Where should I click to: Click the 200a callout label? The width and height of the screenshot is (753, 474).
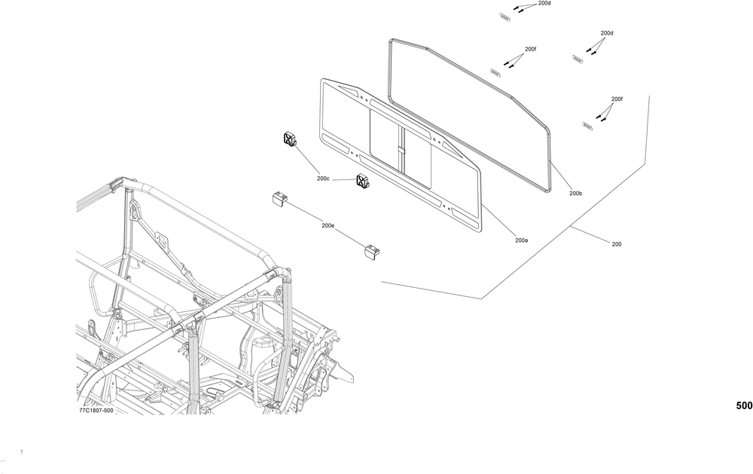pos(521,240)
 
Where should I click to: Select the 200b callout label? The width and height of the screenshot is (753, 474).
pos(575,194)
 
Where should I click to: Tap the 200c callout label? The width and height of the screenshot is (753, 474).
pos(323,179)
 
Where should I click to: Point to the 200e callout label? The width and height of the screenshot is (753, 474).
pos(328,225)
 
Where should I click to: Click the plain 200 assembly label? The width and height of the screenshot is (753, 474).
pos(617,244)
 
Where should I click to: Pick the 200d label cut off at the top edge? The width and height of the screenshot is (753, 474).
pos(544,3)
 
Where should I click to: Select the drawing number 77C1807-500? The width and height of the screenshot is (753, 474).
pos(96,411)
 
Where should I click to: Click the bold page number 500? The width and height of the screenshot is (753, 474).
pos(743,405)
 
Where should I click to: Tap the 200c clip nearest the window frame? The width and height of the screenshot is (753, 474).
pos(362,181)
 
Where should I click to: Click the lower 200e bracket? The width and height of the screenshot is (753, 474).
pos(372,252)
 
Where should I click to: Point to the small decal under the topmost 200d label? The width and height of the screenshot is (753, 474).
pos(505,14)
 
